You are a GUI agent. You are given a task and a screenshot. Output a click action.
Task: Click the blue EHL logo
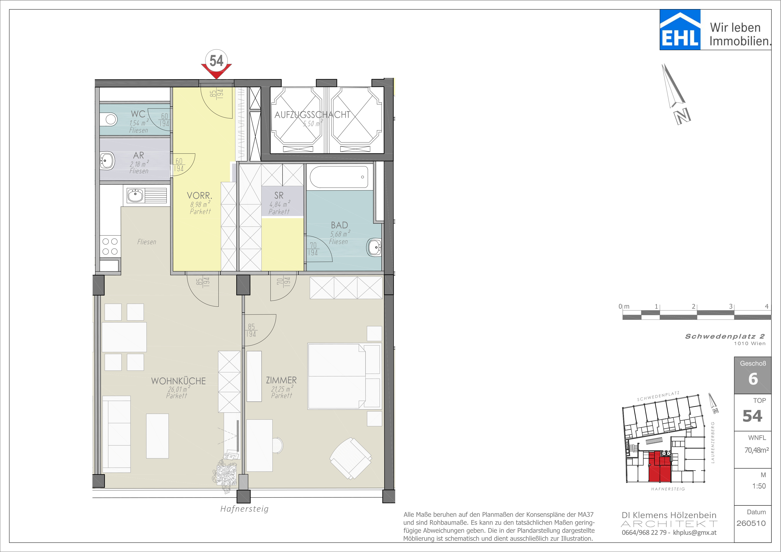pyautogui.click(x=680, y=30)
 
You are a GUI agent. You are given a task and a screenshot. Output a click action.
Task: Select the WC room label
pyautogui.click(x=138, y=114)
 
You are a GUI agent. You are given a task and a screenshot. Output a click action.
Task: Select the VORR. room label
pyautogui.click(x=200, y=196)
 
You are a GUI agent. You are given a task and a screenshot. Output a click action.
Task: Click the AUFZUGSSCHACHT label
pyautogui.click(x=312, y=115)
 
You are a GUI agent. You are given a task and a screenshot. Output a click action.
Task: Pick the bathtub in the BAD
pyautogui.click(x=339, y=177)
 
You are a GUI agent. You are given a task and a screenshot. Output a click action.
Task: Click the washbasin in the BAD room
pyautogui.click(x=374, y=247)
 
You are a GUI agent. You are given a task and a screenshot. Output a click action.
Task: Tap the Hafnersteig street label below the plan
pyautogui.click(x=245, y=509)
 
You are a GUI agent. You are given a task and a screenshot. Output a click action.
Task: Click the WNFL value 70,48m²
pyautogui.click(x=756, y=450)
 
